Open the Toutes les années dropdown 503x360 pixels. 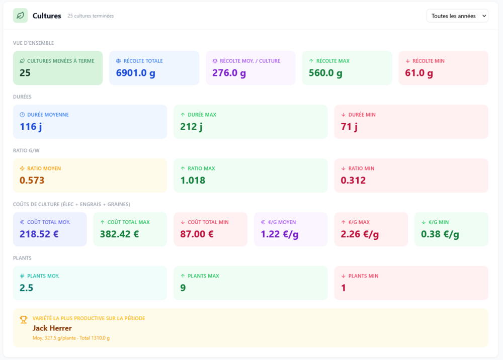[457, 16]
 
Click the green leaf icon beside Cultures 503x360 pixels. [20, 16]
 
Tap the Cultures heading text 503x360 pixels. [47, 16]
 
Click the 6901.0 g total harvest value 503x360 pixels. [135, 73]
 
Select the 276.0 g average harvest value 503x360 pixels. [229, 73]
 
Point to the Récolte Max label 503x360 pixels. [332, 61]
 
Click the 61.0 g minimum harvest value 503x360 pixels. [419, 73]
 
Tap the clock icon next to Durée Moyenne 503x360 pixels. [22, 115]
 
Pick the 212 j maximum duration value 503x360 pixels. [191, 127]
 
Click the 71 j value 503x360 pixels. [349, 127]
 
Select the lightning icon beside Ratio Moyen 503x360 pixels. [22, 168]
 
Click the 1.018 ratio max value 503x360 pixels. [193, 181]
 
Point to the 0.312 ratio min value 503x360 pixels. [353, 181]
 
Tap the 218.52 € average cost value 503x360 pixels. [39, 234]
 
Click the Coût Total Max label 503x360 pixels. [128, 222]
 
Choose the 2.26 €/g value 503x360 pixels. [360, 234]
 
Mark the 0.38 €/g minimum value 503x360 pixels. [440, 234]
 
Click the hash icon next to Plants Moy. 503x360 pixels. [22, 276]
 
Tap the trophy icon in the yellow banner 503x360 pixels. [24, 320]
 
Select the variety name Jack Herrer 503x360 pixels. [52, 328]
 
